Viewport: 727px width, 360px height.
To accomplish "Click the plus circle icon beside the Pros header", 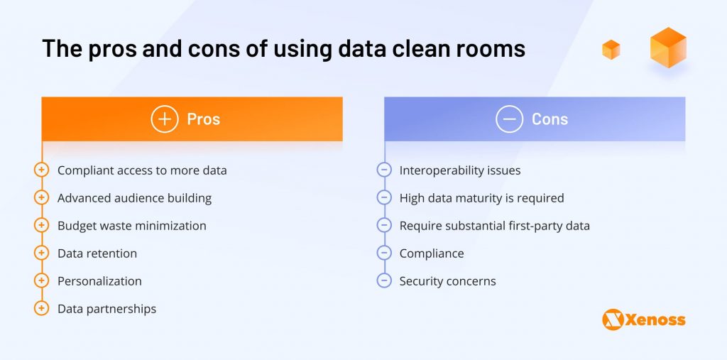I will tap(165, 119).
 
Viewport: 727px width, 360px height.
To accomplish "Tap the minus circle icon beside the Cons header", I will tap(509, 119).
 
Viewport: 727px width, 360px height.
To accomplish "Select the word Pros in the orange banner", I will tap(204, 119).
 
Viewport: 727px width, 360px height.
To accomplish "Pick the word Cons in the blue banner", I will tap(550, 119).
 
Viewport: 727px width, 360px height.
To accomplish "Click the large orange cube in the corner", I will tap(668, 48).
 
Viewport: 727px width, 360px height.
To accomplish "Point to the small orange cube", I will tap(611, 50).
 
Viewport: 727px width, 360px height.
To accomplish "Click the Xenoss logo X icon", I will tap(613, 320).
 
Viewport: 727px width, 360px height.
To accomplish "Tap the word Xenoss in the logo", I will tap(655, 320).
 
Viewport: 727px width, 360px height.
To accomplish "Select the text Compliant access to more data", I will tap(142, 170).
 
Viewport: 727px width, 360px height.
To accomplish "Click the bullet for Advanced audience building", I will tap(42, 197).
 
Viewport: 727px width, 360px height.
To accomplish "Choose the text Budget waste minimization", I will tap(132, 226).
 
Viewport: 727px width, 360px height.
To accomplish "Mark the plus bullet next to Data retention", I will tap(42, 253).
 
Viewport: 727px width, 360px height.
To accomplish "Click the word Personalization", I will tap(99, 281).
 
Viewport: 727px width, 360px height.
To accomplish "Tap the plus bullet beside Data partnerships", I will tap(42, 308).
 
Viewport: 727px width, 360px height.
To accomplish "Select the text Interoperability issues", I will tap(460, 170).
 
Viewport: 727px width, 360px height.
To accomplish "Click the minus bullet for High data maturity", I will tap(384, 197).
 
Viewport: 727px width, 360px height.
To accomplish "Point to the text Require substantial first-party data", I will tap(495, 226).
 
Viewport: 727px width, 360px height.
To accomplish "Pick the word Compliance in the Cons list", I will tap(432, 253).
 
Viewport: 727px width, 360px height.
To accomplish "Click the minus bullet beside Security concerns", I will tap(384, 280).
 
